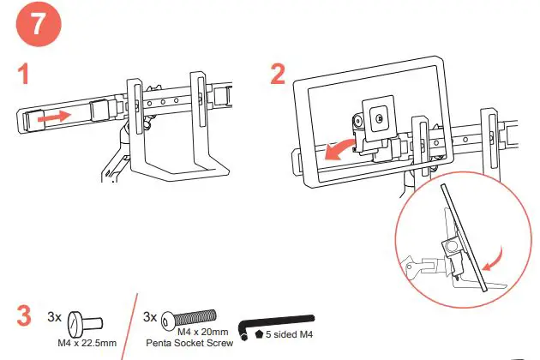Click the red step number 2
(278, 75)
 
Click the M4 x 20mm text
(201, 331)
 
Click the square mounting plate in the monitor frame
(376, 115)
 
